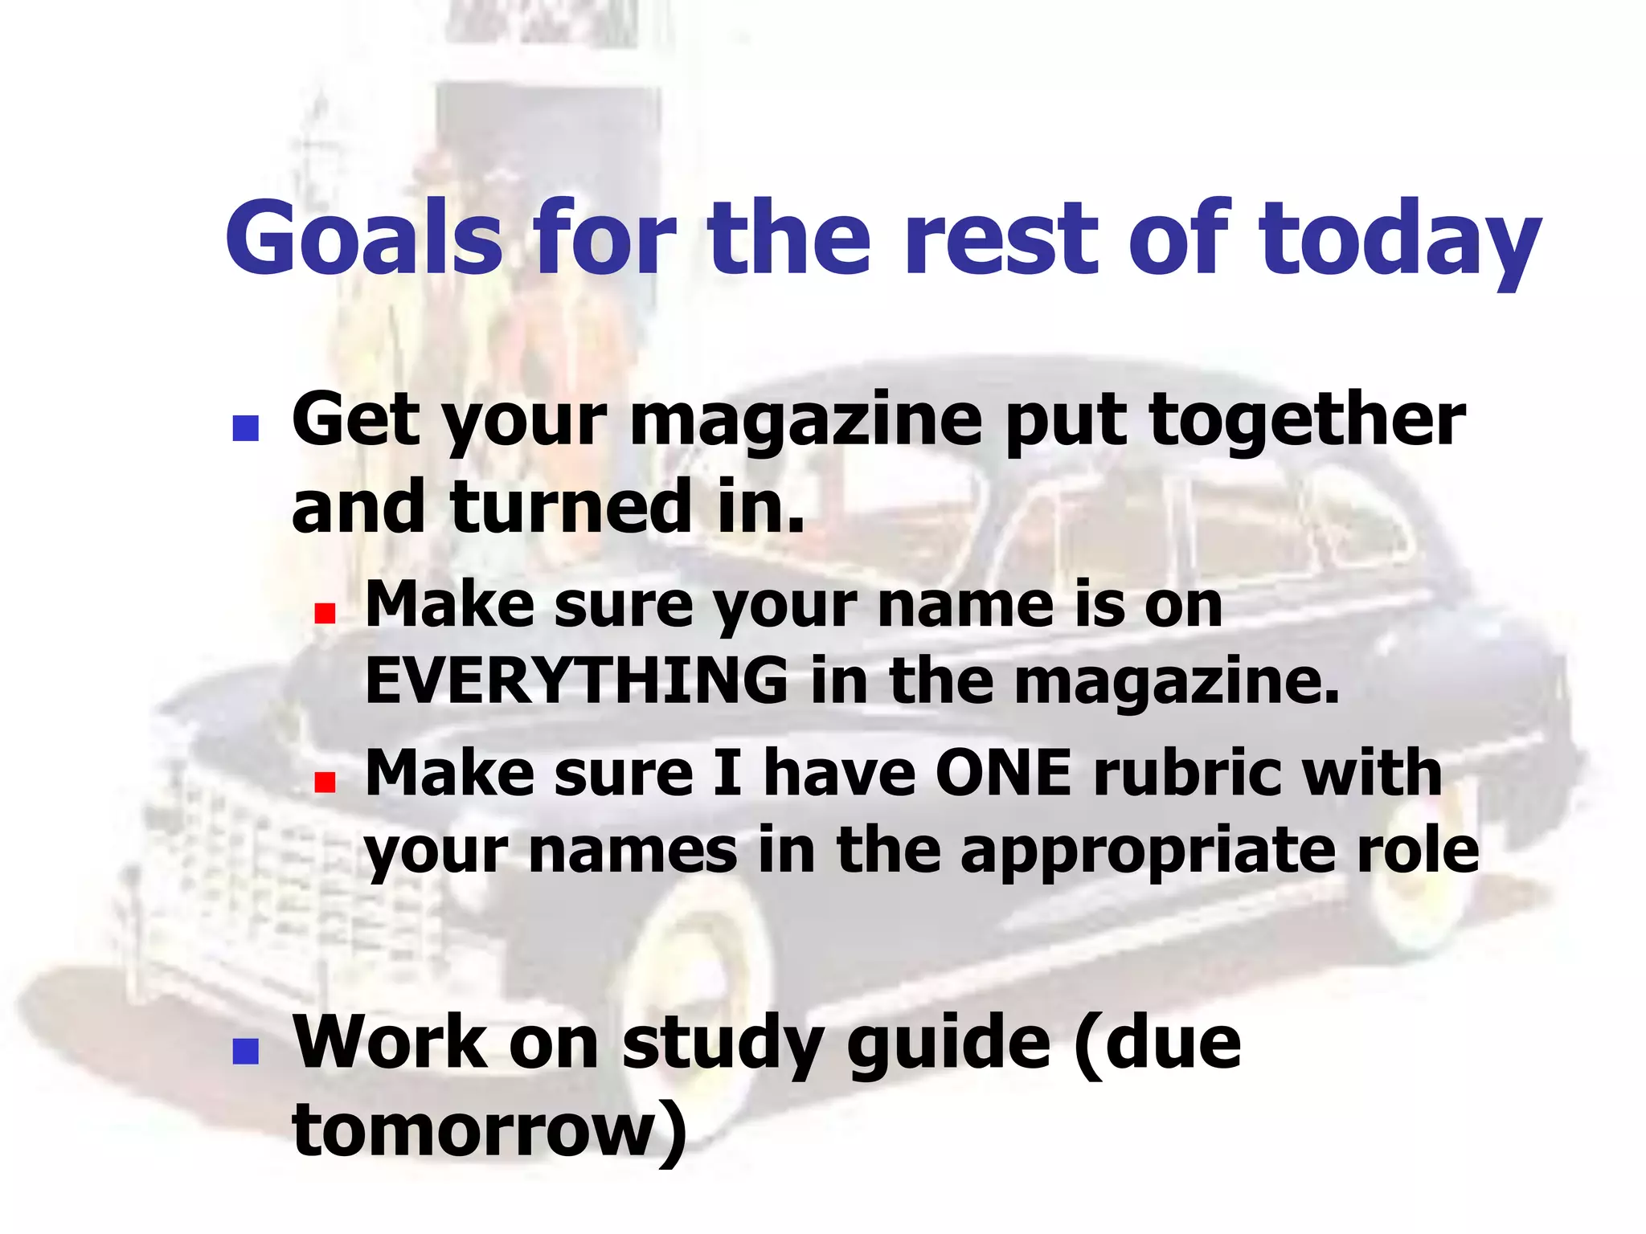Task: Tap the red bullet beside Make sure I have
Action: [325, 782]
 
